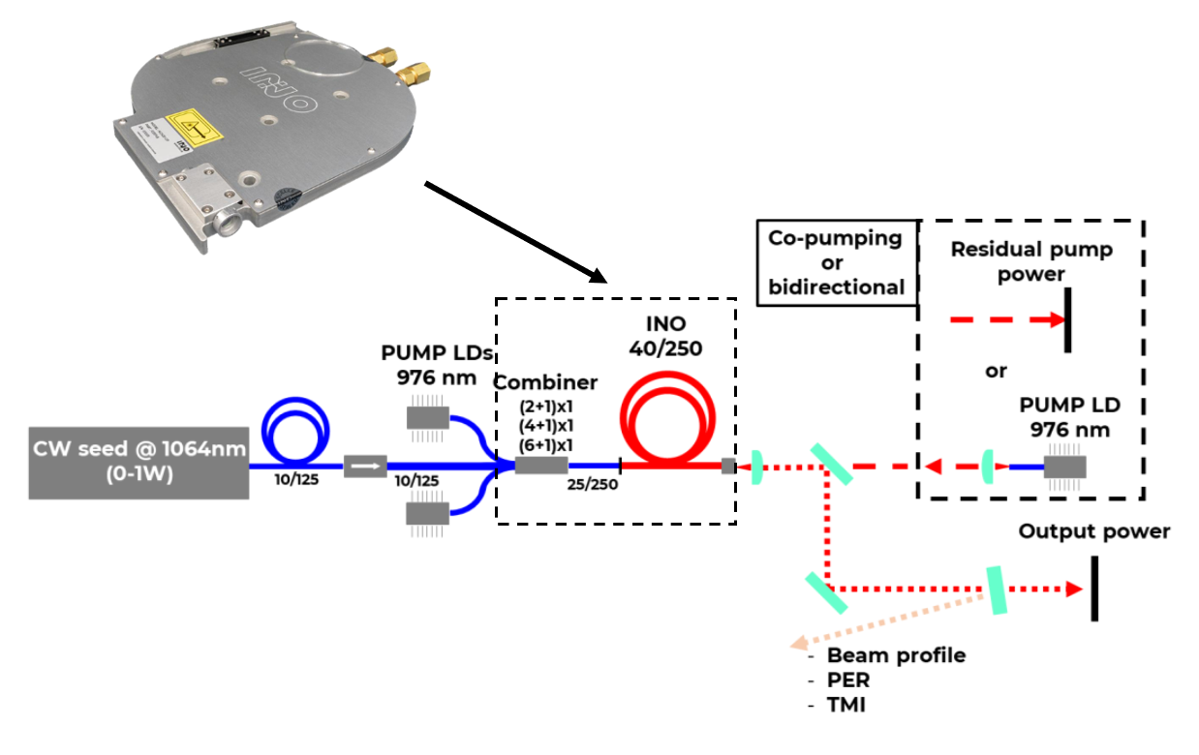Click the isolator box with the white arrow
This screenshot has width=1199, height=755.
pyautogui.click(x=365, y=467)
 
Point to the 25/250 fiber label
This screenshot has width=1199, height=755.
pyautogui.click(x=592, y=485)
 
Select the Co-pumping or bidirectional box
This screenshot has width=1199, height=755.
pyautogui.click(x=835, y=262)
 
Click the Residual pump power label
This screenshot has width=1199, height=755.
pyautogui.click(x=1031, y=261)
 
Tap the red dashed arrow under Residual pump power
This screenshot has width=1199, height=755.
pyautogui.click(x=1007, y=319)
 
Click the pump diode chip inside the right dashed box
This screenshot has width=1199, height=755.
pyautogui.click(x=1065, y=467)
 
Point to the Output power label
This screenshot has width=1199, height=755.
pyautogui.click(x=1094, y=531)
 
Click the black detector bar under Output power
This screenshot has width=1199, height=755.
pyautogui.click(x=1094, y=588)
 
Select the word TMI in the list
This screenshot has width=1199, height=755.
pyautogui.click(x=846, y=706)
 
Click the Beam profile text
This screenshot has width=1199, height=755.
pyautogui.click(x=896, y=655)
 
